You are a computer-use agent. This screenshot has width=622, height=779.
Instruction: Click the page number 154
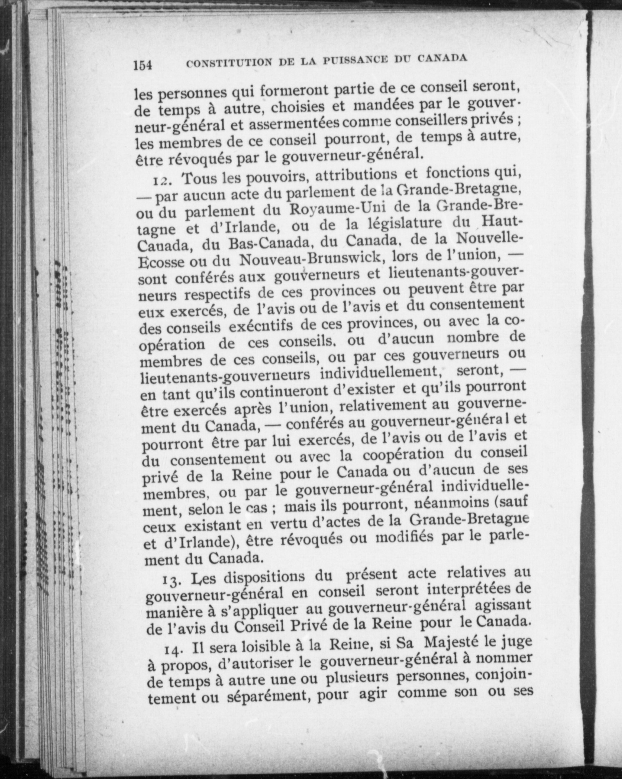pyautogui.click(x=142, y=65)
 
